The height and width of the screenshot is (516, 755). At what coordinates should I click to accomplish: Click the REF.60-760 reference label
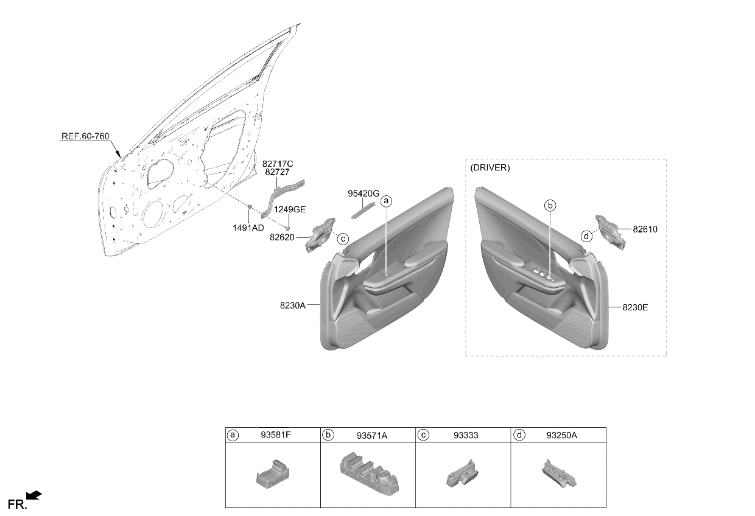pos(85,136)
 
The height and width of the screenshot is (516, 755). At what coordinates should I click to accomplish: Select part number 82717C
pos(278,164)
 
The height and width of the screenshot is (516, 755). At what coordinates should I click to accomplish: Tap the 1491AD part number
pos(248,228)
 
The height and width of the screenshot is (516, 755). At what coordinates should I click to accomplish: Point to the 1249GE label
pos(290,209)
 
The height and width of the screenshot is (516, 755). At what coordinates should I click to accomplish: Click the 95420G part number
pos(363,193)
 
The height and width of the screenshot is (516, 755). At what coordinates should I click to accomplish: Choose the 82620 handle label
pos(282,237)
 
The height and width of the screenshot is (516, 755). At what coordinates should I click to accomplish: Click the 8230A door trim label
pos(292,305)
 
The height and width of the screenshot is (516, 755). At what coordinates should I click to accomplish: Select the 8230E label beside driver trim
pos(635,307)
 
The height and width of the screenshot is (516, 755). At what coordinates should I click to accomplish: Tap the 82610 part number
pos(645,229)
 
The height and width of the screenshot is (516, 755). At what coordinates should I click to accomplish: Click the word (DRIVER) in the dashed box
pos(490,168)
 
